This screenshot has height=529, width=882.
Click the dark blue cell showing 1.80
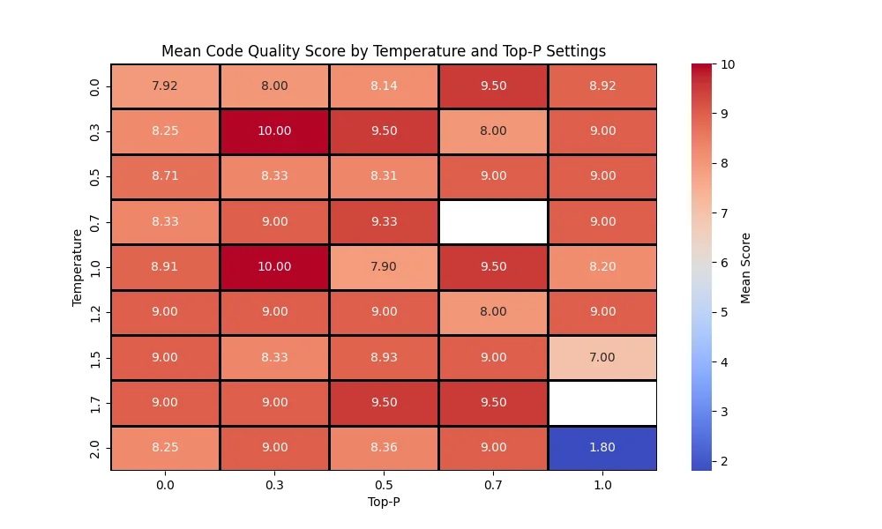(602, 447)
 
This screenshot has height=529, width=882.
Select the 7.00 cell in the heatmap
(602, 357)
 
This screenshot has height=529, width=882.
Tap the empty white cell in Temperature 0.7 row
(493, 221)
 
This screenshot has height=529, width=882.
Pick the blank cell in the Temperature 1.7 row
(602, 402)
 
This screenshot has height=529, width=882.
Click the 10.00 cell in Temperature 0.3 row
(274, 130)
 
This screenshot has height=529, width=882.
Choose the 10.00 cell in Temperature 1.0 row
(274, 266)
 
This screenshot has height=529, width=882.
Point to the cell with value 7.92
(165, 86)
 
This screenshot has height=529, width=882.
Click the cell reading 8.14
(384, 86)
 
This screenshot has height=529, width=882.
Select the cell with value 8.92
(602, 86)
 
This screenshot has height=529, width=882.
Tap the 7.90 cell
(384, 266)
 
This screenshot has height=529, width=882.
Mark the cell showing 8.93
(384, 357)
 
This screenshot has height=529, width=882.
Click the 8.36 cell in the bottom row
(384, 447)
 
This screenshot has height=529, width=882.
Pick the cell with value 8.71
(165, 176)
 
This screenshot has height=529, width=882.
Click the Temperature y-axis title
(78, 267)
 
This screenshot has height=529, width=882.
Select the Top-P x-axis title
(384, 502)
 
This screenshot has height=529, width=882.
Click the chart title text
(384, 51)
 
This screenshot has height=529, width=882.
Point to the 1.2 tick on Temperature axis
(94, 312)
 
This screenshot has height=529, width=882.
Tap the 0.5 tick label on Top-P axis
(384, 484)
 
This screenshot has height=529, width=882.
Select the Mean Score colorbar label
(746, 267)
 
